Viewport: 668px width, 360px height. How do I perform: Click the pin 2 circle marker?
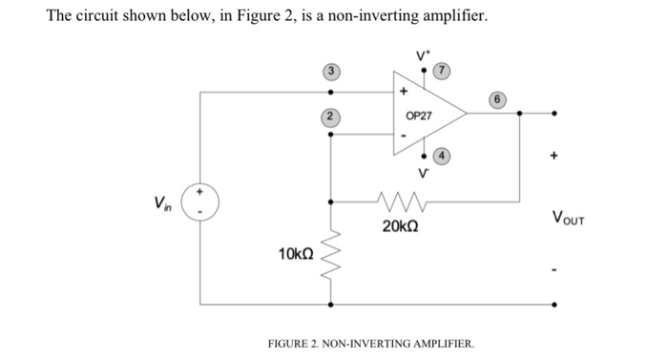(330, 117)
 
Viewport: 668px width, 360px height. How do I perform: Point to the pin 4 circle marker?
(442, 157)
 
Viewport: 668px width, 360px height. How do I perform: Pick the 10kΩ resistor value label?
(295, 255)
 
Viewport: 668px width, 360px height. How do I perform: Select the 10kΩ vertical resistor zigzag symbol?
(331, 254)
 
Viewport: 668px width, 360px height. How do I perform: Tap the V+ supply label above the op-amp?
(421, 56)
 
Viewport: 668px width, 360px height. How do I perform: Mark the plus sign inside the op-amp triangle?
(405, 93)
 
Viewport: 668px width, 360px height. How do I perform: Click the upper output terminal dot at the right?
(557, 113)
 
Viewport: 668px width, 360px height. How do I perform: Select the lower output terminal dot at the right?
(557, 306)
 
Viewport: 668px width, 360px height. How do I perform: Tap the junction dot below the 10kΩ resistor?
(331, 306)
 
